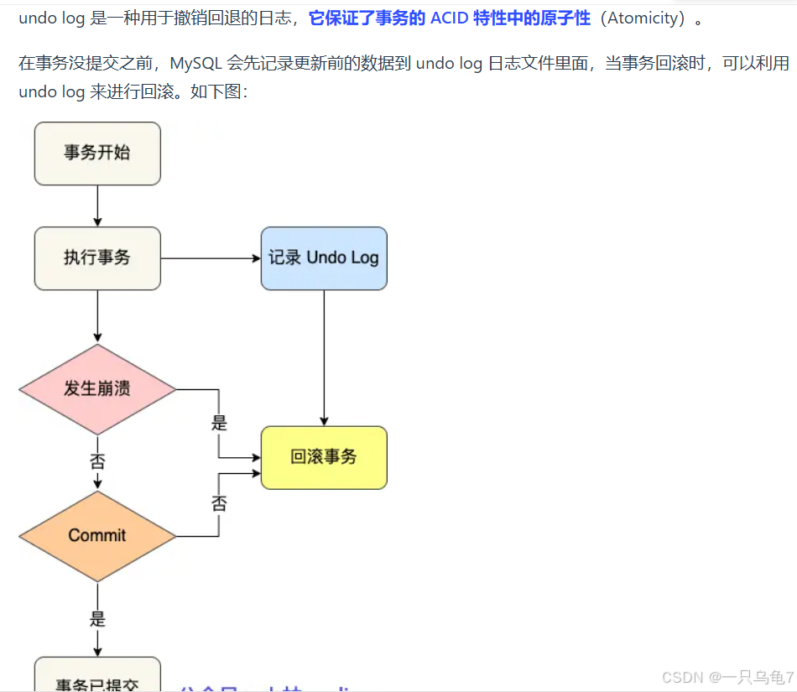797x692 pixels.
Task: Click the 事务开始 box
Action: pyautogui.click(x=97, y=153)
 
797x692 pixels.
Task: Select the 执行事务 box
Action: pyautogui.click(x=97, y=258)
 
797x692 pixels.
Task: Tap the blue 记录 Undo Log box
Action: pyautogui.click(x=324, y=258)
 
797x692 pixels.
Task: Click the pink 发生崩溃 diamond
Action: pyautogui.click(x=97, y=389)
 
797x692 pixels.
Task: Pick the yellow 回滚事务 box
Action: pyautogui.click(x=324, y=457)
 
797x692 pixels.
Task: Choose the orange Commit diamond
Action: pyautogui.click(x=97, y=536)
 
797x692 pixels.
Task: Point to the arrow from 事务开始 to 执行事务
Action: pyautogui.click(x=97, y=206)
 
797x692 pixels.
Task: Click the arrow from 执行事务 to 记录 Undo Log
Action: pyautogui.click(x=210, y=258)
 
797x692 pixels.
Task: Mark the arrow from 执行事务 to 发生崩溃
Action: pyautogui.click(x=97, y=317)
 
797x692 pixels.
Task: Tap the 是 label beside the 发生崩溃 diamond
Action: pyautogui.click(x=219, y=423)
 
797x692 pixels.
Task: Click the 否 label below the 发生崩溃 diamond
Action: pyautogui.click(x=97, y=461)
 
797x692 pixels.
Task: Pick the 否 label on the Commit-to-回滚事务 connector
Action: pyautogui.click(x=219, y=503)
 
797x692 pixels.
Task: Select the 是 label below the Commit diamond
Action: pyautogui.click(x=97, y=619)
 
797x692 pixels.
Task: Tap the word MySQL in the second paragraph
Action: pyautogui.click(x=195, y=63)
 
